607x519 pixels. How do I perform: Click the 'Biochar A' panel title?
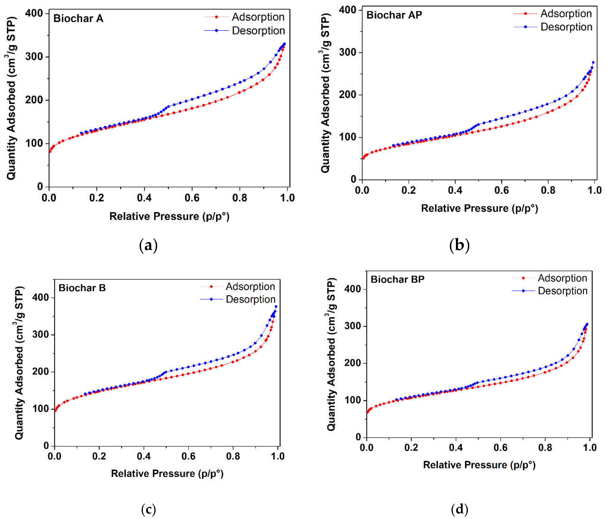[x=78, y=18]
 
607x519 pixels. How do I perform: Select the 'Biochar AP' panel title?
[x=394, y=15]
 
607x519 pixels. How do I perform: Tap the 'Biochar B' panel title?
[x=82, y=288]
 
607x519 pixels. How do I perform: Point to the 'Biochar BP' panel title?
[x=398, y=279]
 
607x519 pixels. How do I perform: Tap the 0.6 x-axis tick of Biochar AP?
[x=502, y=190]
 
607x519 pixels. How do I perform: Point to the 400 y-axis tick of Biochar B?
[x=41, y=297]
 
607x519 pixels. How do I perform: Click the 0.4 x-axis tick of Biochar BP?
[x=456, y=448]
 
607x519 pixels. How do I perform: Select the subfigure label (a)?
[x=149, y=246]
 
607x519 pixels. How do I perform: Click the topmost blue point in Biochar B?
[x=276, y=306]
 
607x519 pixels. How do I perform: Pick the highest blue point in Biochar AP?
[x=593, y=62]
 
